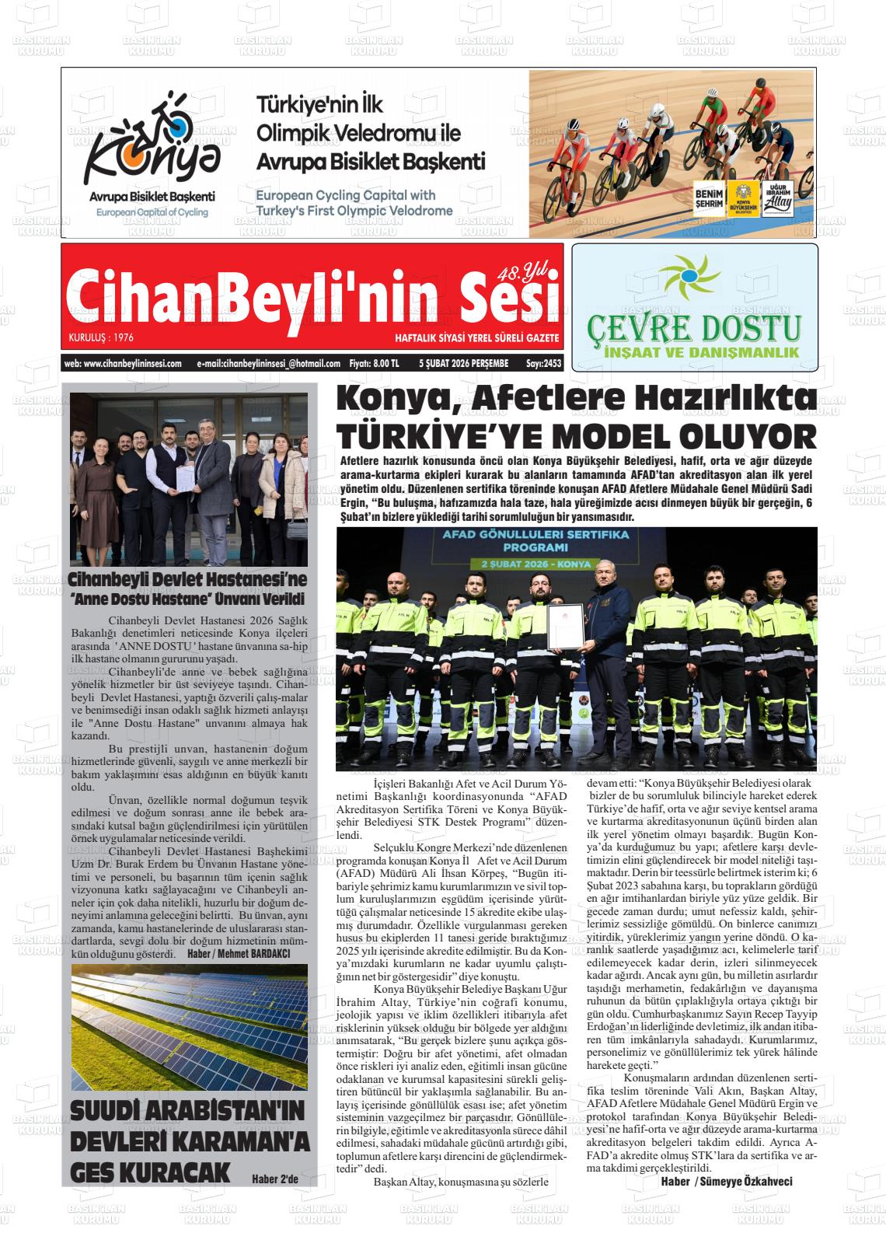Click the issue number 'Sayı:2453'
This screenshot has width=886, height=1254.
pos(542,363)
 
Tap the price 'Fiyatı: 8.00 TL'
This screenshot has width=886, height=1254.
pos(375,363)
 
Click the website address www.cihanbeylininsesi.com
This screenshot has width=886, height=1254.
pos(123,363)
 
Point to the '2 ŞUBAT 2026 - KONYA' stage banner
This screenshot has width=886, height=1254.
pos(535,563)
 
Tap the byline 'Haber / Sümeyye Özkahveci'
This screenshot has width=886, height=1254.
pos(726,1182)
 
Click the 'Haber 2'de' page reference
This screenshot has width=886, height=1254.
pos(275,1179)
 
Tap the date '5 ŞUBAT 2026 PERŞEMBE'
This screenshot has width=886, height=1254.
pos(463,363)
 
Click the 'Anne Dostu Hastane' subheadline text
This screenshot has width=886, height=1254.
pos(186,599)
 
